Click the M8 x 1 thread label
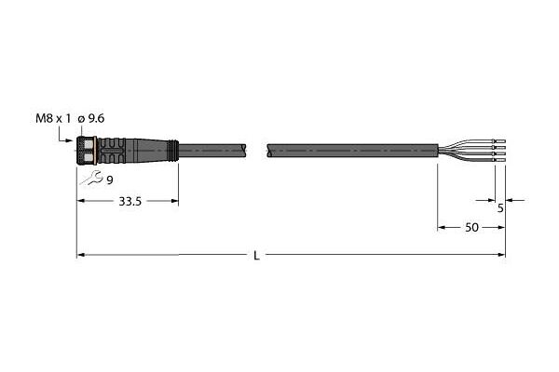pyautogui.click(x=53, y=118)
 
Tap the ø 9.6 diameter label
pyautogui.click(x=91, y=118)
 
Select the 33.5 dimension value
pyautogui.click(x=130, y=202)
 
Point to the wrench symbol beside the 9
pyautogui.click(x=91, y=178)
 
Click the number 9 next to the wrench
pyautogui.click(x=110, y=180)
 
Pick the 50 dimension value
pyautogui.click(x=471, y=228)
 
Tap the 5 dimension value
pyautogui.click(x=500, y=208)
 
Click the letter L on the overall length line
pyautogui.click(x=256, y=256)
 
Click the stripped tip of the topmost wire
pyautogui.click(x=500, y=140)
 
